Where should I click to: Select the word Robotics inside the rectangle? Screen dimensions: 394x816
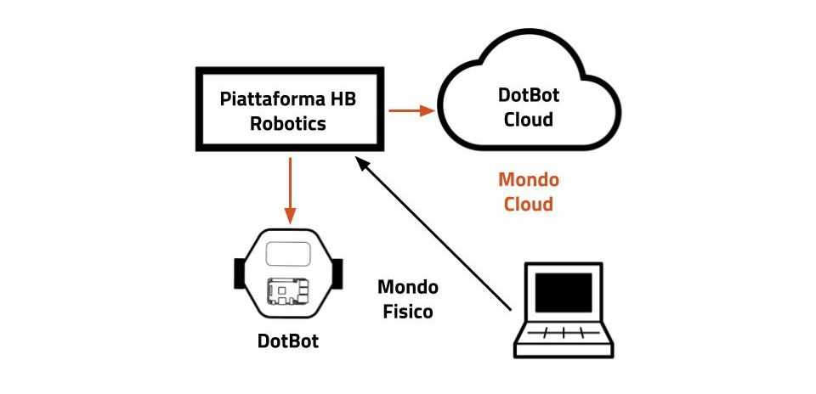[287, 123]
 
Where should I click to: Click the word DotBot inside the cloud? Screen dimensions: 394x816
[529, 96]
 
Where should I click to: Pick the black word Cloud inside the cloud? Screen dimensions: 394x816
[529, 119]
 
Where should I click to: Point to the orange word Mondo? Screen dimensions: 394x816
[528, 180]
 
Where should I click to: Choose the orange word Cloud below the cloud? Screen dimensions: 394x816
[528, 204]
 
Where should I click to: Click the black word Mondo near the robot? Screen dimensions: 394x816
[406, 288]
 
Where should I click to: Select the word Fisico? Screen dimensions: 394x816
[406, 312]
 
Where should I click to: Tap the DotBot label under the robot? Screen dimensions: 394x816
[288, 341]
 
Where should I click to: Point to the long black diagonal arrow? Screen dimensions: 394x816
[433, 234]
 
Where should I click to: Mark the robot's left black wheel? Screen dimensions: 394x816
[239, 273]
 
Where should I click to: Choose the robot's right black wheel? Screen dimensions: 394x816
[337, 273]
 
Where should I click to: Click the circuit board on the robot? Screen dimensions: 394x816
[288, 291]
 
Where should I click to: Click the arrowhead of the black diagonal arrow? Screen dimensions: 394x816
[360, 164]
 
